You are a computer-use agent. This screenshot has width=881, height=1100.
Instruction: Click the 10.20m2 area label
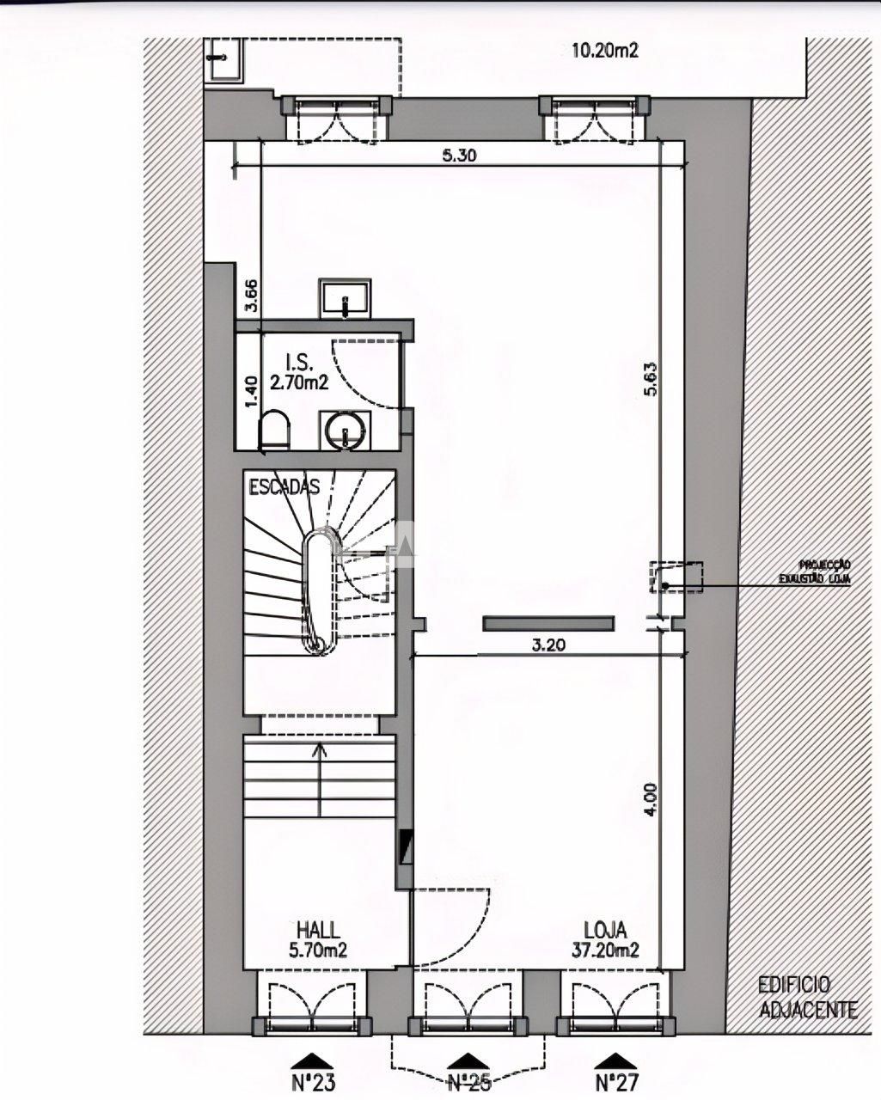[x=606, y=51]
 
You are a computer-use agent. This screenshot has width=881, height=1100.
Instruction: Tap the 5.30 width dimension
[x=461, y=156]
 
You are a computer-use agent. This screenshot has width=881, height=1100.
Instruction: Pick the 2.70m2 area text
[x=299, y=383]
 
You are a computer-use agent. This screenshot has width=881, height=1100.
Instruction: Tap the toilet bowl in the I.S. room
[x=274, y=429]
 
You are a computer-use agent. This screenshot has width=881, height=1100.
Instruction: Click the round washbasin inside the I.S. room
[x=346, y=430]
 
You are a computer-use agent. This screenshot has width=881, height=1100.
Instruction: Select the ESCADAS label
[x=284, y=487]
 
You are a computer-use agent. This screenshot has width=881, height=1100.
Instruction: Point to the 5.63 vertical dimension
[x=650, y=379]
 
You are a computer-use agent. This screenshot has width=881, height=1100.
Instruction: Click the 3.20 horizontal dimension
[x=548, y=645]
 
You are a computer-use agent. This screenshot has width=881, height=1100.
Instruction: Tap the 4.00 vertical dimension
[x=650, y=798]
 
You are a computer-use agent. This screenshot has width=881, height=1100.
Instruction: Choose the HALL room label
[x=317, y=930]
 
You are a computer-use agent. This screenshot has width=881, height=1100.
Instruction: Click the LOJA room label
[x=605, y=930]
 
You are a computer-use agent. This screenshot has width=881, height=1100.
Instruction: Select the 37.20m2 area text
[x=605, y=950]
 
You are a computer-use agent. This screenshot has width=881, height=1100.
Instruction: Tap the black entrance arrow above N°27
[x=616, y=1060]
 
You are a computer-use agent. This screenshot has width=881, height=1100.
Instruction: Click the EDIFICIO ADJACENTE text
[x=805, y=997]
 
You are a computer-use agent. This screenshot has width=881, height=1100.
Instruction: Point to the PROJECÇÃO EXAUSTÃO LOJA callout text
[x=824, y=572]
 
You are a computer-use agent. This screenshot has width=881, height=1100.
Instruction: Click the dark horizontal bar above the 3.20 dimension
[x=548, y=624]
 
